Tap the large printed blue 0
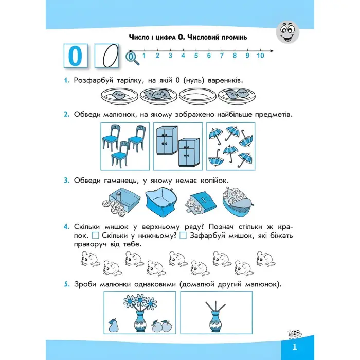76,56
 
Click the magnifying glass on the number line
133,58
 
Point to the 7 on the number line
222,56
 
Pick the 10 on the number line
260,56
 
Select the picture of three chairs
124,146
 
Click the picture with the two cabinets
177,146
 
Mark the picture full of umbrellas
230,146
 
